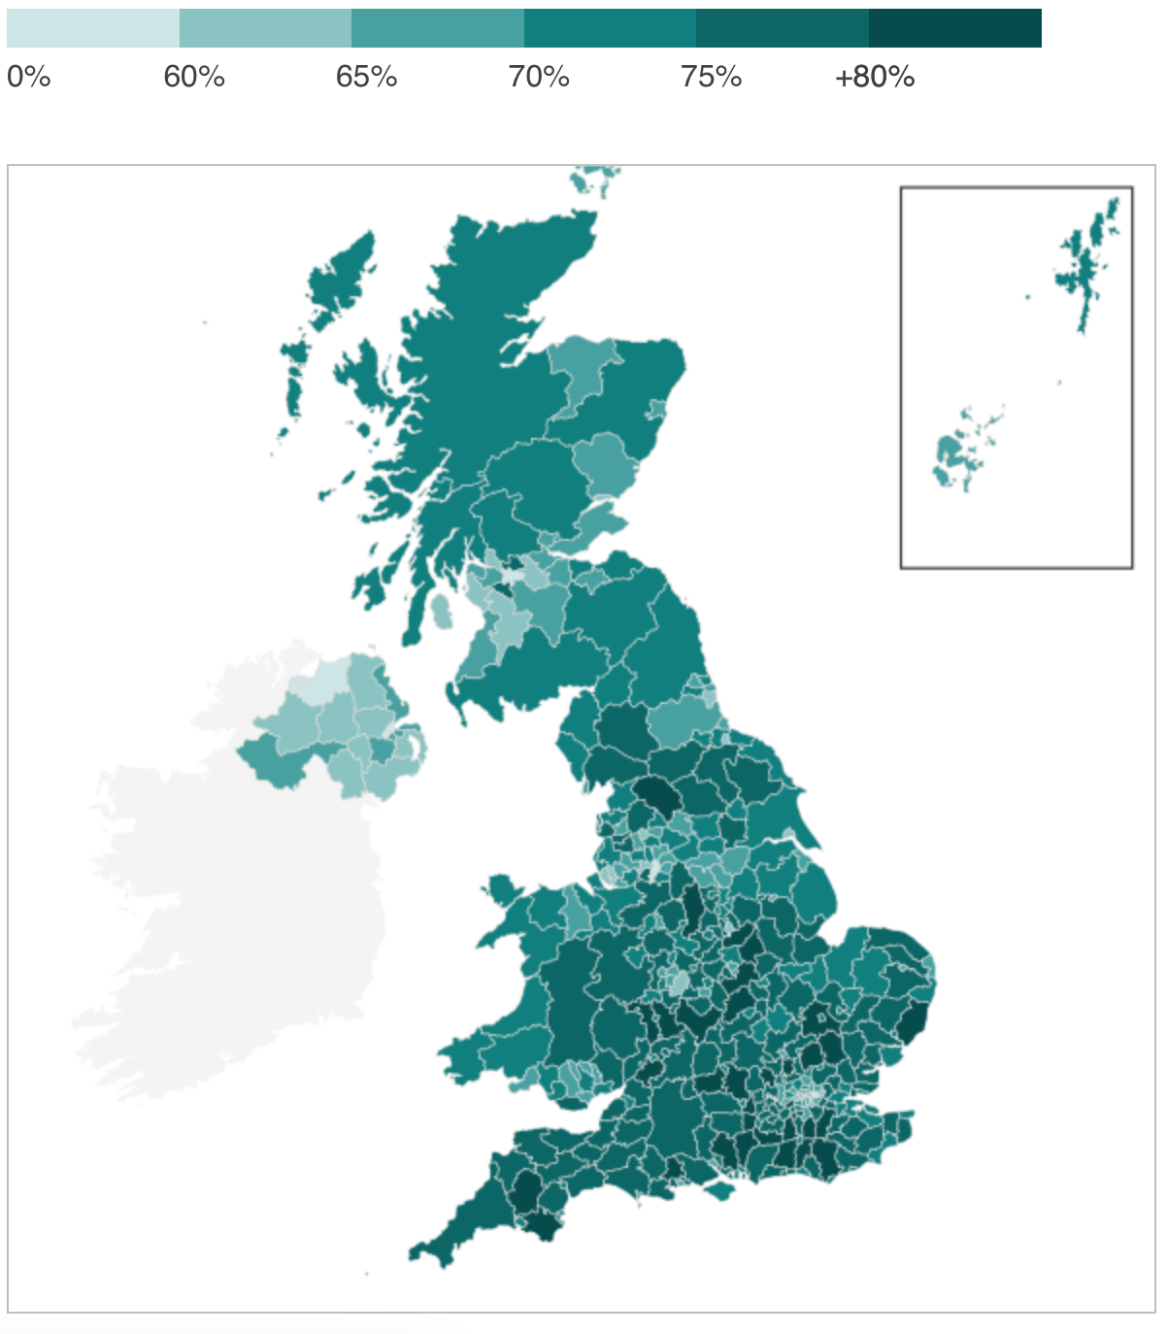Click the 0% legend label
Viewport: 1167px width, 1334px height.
point(28,77)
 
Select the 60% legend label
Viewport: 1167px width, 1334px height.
point(194,77)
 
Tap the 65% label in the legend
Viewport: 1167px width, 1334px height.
point(366,77)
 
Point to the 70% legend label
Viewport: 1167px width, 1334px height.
point(539,77)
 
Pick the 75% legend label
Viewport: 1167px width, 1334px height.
point(711,77)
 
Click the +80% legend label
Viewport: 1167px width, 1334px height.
point(874,77)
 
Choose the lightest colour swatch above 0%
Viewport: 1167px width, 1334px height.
point(93,29)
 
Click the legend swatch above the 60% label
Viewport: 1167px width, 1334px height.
point(265,29)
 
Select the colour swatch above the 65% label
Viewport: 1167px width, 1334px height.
point(437,29)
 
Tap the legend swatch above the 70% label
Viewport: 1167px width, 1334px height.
point(610,29)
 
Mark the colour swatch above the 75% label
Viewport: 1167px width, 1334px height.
point(782,29)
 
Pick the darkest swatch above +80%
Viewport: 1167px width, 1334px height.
point(954,29)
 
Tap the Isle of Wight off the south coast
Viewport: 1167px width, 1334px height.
point(719,1189)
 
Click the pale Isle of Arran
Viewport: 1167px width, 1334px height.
point(442,612)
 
